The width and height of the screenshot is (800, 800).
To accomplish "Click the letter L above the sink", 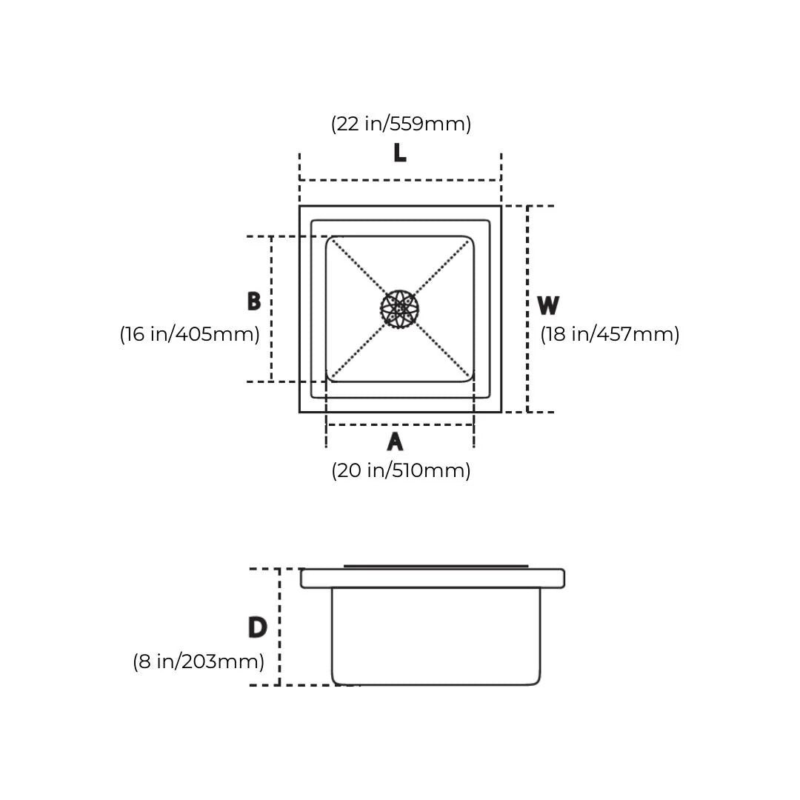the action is (400, 153).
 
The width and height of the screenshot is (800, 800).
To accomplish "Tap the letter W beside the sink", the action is (548, 305).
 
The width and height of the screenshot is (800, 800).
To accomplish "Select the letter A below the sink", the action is (395, 441).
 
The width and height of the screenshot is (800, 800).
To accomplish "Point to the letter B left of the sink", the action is (254, 301).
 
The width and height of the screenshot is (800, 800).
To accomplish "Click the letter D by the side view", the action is (258, 627).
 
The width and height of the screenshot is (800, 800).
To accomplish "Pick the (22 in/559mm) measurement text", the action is (401, 124).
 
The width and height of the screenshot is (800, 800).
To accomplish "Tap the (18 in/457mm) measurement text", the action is (610, 334).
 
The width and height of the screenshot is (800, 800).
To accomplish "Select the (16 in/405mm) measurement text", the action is (190, 334).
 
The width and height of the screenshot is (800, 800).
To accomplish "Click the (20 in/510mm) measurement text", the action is (401, 470).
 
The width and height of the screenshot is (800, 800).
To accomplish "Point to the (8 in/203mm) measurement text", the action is (199, 661).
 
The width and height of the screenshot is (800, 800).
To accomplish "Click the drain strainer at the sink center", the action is (400, 309).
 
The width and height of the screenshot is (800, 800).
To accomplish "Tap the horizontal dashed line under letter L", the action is (401, 180).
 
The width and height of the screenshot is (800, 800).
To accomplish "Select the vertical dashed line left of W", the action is (527, 309).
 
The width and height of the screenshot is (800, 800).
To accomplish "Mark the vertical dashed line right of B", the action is (271, 309).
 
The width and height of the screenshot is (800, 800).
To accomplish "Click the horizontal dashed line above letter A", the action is (400, 424).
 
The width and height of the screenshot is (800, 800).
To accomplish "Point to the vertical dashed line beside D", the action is (279, 627).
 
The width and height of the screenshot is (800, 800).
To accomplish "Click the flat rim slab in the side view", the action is (433, 579).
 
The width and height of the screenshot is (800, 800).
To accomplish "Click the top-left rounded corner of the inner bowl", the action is (330, 240).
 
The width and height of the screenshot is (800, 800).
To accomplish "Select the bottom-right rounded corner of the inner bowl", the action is (470, 378).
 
